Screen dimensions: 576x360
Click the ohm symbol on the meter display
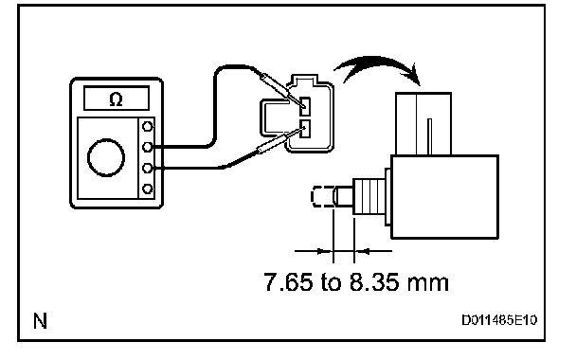click(117, 99)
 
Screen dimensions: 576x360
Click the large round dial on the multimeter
click(106, 157)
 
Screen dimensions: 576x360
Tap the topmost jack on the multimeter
click(147, 127)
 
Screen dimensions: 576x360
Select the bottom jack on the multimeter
click(147, 189)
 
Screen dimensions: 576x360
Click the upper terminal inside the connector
click(305, 106)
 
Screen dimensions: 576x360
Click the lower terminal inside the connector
click(305, 129)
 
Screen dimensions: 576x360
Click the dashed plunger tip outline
click(322, 197)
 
